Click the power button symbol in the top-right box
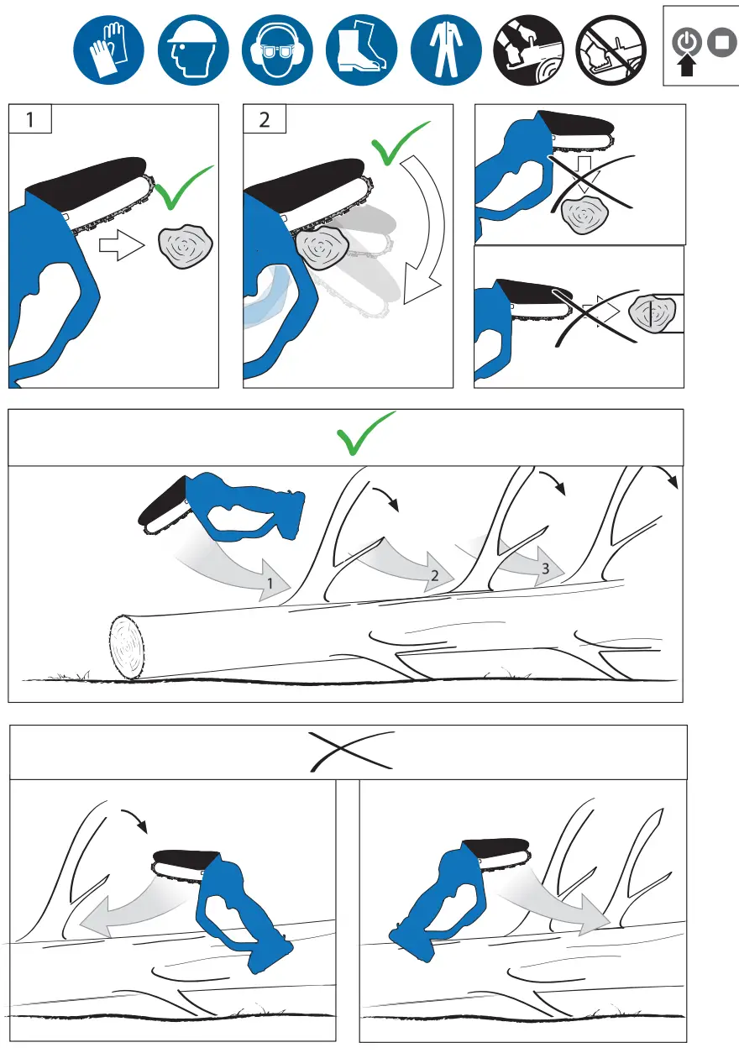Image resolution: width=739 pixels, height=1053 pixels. coord(687,41)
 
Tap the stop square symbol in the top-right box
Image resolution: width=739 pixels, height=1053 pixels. coord(720,41)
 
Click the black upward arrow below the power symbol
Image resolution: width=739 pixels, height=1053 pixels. coord(687,65)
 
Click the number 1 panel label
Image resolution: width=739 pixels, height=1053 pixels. coord(30,119)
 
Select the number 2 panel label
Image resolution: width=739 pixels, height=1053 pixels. coord(265,119)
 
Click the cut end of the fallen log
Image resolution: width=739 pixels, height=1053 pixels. coord(127,647)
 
